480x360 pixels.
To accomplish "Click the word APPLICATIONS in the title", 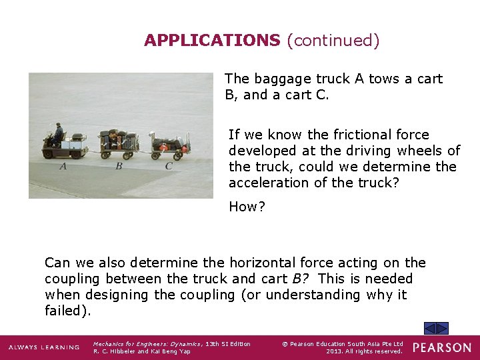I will [212, 41].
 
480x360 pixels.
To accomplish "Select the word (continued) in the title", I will [333, 41].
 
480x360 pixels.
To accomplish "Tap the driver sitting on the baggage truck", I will [58, 134].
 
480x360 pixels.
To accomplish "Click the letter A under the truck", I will [63, 166].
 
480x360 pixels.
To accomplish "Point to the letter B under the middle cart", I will [119, 166].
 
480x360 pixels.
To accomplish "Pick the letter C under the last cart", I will [169, 166].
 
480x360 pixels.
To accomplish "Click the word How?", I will [247, 207].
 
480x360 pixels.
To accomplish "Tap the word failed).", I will [67, 311].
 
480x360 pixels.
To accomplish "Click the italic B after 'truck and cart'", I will [297, 279].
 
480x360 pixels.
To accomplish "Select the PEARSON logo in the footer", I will [441, 347].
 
